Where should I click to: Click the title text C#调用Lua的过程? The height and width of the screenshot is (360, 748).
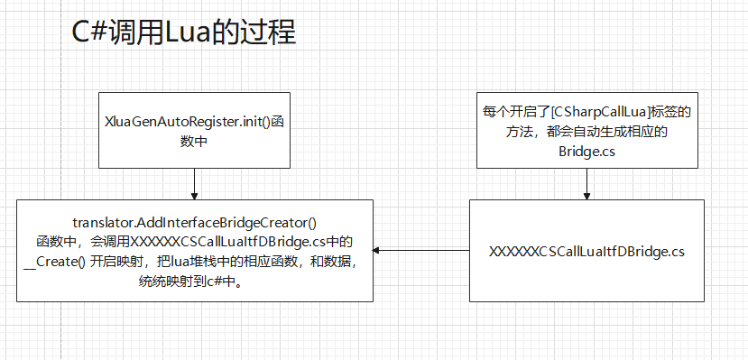(183, 33)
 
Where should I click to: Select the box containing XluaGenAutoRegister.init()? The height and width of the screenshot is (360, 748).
(195, 129)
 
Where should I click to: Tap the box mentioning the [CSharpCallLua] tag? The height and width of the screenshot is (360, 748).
(586, 130)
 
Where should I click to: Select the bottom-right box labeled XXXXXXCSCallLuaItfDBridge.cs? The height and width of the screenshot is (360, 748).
(586, 251)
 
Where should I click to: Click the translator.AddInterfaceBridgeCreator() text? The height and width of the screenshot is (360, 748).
(195, 223)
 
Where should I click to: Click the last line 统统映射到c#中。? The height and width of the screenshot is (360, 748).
(195, 282)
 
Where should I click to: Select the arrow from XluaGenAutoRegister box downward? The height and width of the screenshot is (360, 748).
(195, 183)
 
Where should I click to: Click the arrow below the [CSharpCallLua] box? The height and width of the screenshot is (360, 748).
(586, 183)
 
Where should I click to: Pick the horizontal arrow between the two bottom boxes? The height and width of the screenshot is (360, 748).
(421, 251)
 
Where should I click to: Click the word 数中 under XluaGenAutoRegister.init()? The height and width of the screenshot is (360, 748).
(195, 141)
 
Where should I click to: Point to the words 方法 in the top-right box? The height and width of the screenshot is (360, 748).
(521, 132)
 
